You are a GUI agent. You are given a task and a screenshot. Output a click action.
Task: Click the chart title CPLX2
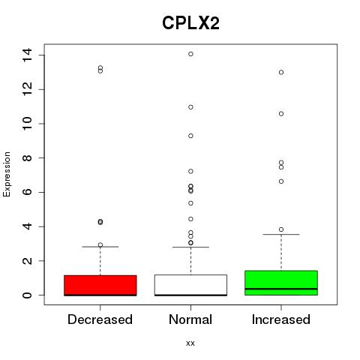(x=190, y=23)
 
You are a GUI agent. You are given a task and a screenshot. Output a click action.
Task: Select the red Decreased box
(x=100, y=285)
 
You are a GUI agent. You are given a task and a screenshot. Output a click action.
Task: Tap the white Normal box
(x=190, y=285)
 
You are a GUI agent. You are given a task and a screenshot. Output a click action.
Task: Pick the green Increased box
(x=281, y=283)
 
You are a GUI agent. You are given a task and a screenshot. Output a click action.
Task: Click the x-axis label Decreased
(x=100, y=319)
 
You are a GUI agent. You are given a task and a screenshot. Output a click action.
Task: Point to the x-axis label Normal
(x=190, y=319)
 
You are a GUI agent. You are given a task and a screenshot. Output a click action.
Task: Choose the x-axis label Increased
(x=281, y=319)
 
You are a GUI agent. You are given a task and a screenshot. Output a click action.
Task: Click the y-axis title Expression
(x=7, y=174)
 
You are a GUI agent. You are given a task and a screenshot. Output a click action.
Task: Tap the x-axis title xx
(x=190, y=343)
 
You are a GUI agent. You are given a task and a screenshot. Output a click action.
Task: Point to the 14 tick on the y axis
(x=27, y=55)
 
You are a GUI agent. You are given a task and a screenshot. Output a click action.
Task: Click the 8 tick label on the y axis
(x=27, y=158)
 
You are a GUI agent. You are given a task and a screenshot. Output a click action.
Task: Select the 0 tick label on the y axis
(x=27, y=295)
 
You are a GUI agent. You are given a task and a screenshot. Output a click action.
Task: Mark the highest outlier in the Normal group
(x=190, y=54)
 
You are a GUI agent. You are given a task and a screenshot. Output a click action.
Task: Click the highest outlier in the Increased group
(x=281, y=73)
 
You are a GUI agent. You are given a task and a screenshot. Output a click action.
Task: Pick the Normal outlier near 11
(x=190, y=107)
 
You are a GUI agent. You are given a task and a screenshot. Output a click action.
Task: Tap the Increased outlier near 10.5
(x=281, y=114)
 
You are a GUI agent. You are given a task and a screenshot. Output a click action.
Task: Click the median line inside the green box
(x=281, y=289)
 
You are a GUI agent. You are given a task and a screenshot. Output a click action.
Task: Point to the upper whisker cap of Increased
(x=281, y=235)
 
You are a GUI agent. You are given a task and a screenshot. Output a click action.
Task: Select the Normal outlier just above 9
(x=190, y=136)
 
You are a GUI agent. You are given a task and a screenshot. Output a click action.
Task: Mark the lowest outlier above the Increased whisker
(x=281, y=229)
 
